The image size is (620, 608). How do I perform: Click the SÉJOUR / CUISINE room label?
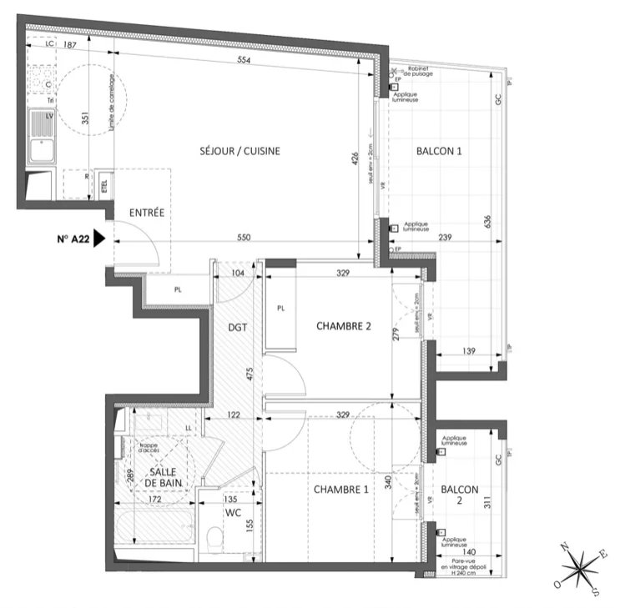[x=239, y=151]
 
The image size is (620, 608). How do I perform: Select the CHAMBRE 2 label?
[x=343, y=326]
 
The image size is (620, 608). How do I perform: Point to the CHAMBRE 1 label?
[x=340, y=490]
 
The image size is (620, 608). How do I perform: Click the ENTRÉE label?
[x=147, y=213]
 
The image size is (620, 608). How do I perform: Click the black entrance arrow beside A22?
[x=99, y=239]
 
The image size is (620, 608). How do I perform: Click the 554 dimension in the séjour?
[x=243, y=60]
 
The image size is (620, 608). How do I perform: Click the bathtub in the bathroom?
[x=155, y=530]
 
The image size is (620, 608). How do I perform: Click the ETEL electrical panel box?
[x=104, y=187]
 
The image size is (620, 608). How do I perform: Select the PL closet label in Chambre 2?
[x=281, y=308]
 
